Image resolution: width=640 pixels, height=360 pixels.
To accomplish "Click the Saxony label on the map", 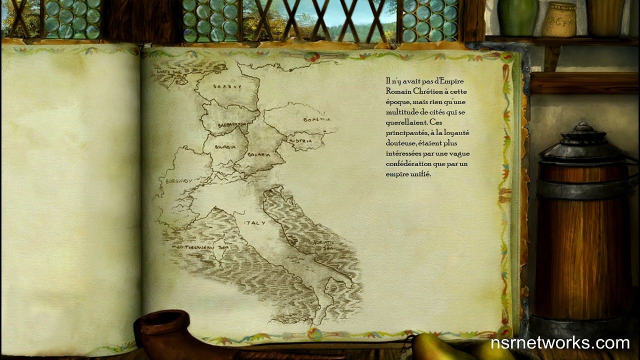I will [x=227, y=86].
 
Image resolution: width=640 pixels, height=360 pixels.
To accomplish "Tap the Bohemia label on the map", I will [x=317, y=119].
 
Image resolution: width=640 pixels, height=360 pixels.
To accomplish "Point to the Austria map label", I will [x=300, y=141].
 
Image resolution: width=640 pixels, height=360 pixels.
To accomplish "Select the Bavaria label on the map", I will [x=259, y=154].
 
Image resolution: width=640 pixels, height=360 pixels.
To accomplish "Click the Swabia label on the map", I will [x=225, y=147].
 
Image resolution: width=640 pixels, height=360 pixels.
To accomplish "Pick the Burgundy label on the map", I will [x=178, y=181].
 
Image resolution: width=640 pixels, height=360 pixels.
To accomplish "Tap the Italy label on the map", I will [x=254, y=222].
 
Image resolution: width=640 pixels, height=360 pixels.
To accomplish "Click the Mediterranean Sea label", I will [x=192, y=247].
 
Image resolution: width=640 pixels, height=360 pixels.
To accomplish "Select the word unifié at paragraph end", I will [x=420, y=174].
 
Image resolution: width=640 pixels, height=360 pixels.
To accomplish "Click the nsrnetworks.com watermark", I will [x=559, y=343].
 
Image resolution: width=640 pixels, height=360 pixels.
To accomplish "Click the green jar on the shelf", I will [x=518, y=17].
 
